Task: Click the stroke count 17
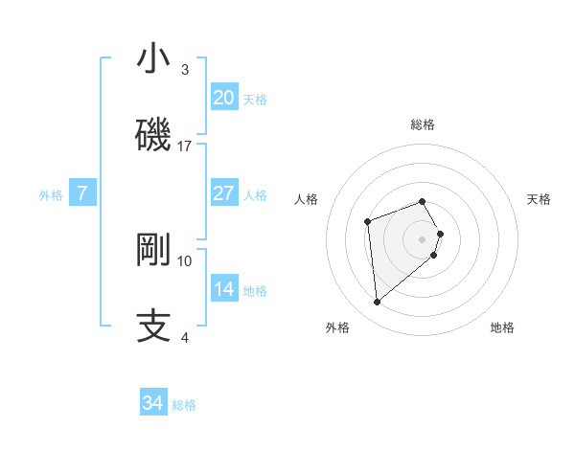[x=185, y=146]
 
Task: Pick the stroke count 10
[x=185, y=260]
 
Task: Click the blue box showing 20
[x=223, y=98]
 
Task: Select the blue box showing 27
[x=223, y=193]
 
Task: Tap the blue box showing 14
[x=223, y=289]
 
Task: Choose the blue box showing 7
[x=82, y=193]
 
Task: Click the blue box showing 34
[x=153, y=403]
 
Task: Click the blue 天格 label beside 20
[x=255, y=100]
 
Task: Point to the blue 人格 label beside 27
[x=255, y=195]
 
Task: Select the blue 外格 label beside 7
[x=51, y=195]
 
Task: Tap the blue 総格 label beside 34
[x=184, y=405]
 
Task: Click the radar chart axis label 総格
[x=422, y=124]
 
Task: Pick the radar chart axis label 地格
[x=502, y=327]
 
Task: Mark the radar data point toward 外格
[x=377, y=303]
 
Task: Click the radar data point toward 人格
[x=367, y=222]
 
